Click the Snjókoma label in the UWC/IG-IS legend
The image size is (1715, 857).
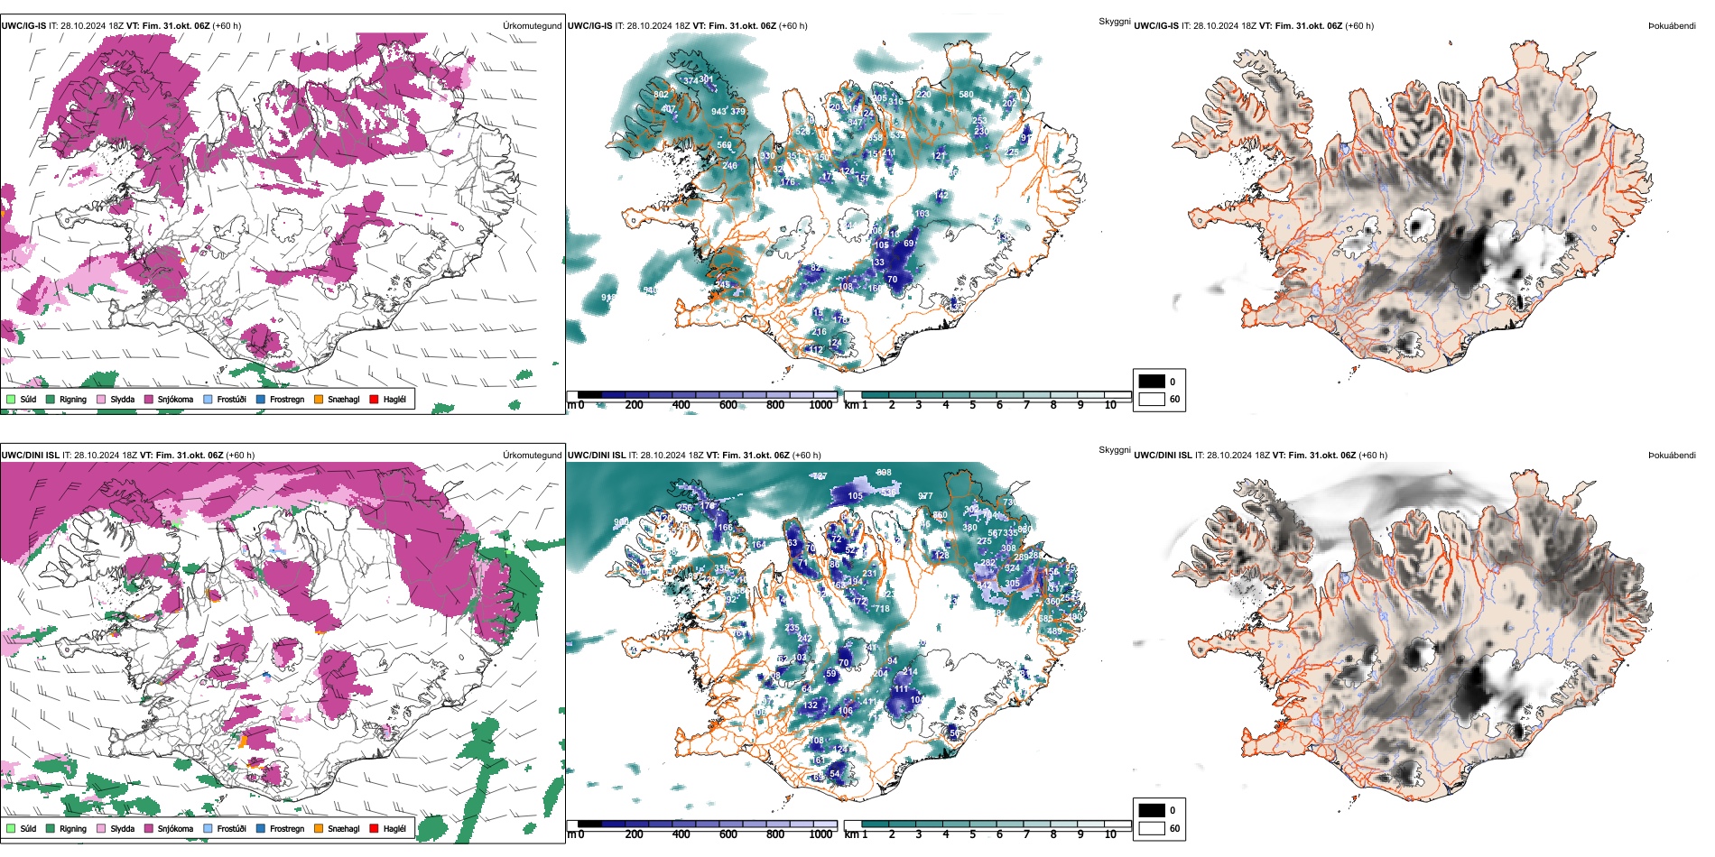[175, 399]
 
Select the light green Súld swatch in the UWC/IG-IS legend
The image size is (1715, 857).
[11, 399]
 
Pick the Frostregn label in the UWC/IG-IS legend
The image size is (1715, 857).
[287, 399]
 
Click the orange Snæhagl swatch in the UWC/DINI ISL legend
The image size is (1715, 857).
[319, 828]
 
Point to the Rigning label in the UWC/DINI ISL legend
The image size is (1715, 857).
[73, 828]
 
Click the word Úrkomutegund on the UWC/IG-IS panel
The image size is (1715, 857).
[532, 26]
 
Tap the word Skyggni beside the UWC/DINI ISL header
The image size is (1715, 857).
[1114, 449]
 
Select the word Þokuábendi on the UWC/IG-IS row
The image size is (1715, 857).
[1672, 26]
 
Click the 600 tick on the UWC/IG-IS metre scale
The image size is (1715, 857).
[728, 405]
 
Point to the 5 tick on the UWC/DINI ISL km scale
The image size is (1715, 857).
[972, 834]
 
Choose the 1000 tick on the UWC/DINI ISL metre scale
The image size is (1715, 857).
[820, 834]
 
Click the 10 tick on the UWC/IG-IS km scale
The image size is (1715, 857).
[1110, 405]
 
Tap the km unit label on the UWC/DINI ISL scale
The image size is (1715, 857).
[850, 834]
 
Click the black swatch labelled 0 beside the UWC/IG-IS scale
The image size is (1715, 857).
[1152, 382]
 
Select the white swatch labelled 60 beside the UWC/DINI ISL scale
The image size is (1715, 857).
[1152, 828]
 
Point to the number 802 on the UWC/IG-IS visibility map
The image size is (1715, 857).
[661, 95]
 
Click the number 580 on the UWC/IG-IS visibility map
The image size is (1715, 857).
[966, 95]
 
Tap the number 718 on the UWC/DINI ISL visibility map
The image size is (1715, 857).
[882, 609]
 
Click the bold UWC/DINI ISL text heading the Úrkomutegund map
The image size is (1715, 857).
[30, 456]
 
